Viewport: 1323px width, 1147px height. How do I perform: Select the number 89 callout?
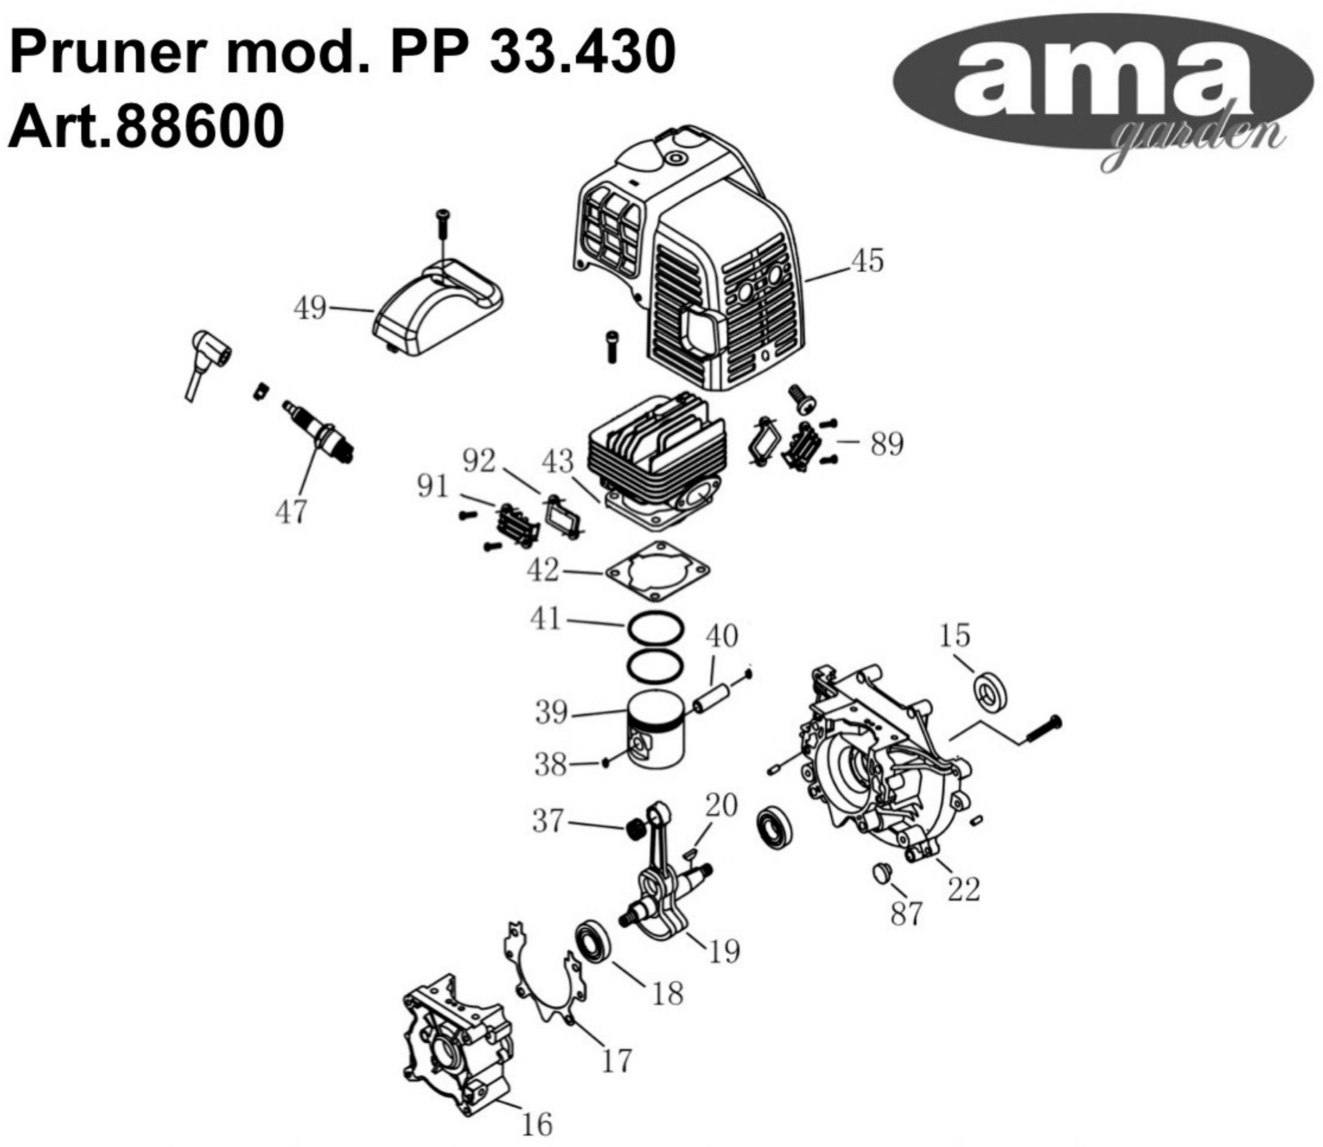[886, 443]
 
